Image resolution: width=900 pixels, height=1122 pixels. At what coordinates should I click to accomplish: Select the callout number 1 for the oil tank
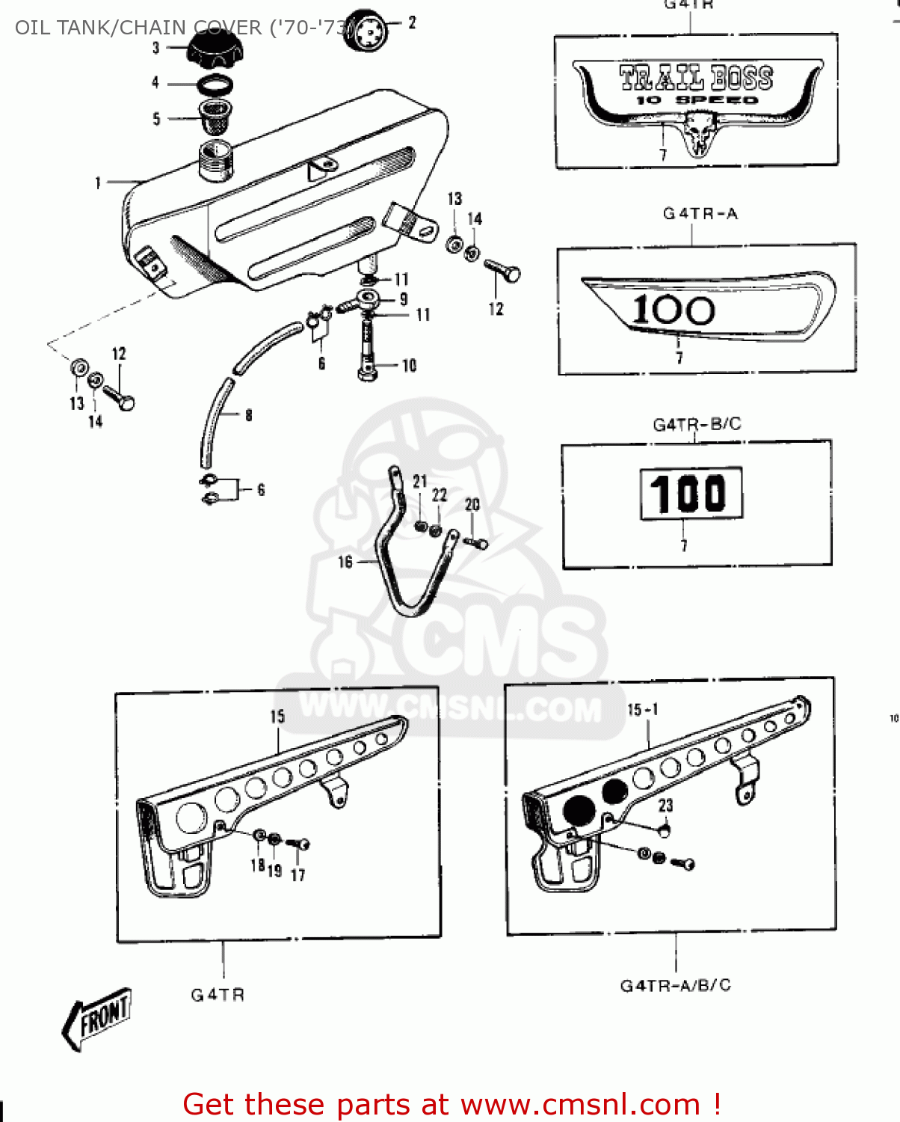pos(98,183)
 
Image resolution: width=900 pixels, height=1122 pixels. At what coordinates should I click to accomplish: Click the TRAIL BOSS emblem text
pos(695,78)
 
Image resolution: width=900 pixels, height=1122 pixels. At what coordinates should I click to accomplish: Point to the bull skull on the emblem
pos(700,132)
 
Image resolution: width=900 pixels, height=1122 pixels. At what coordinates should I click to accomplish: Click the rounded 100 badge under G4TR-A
pos(706,307)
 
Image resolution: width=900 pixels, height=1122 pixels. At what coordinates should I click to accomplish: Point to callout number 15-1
pos(642,709)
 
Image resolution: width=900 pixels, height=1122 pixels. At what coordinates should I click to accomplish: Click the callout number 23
pos(665,806)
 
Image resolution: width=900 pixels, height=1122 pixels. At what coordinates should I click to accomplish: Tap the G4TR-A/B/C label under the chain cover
pos(675,985)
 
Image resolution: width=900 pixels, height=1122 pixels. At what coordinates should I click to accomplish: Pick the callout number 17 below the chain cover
pos(298,874)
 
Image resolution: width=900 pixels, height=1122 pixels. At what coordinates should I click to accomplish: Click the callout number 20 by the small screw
pos(472,505)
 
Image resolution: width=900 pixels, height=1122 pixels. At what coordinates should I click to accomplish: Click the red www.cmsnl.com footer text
pos(451,1104)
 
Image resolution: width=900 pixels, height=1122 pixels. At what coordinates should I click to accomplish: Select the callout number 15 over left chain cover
pos(277,717)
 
